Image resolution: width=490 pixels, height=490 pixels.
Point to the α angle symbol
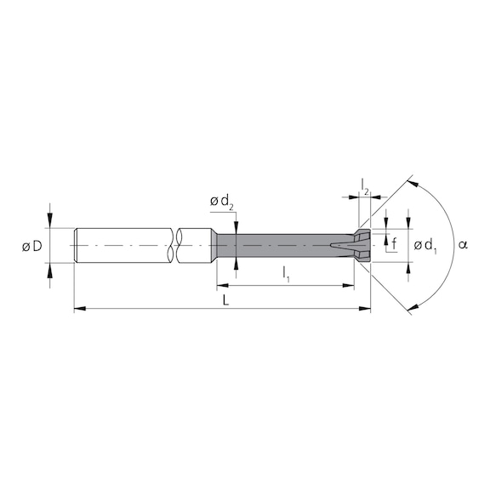pyautogui.click(x=463, y=245)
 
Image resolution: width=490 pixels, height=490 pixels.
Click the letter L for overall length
pyautogui.click(x=225, y=300)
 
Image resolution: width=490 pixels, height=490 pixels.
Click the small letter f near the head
pyautogui.click(x=393, y=245)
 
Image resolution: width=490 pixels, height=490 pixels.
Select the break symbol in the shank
pyautogui.click(x=176, y=245)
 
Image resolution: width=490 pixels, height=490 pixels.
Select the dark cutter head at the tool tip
pyautogui.click(x=361, y=245)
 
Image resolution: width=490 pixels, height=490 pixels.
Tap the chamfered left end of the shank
pyautogui.click(x=77, y=245)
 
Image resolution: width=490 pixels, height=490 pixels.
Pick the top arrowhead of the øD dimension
pyautogui.click(x=51, y=222)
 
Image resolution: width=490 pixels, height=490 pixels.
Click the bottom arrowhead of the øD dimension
pyautogui.click(x=51, y=268)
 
